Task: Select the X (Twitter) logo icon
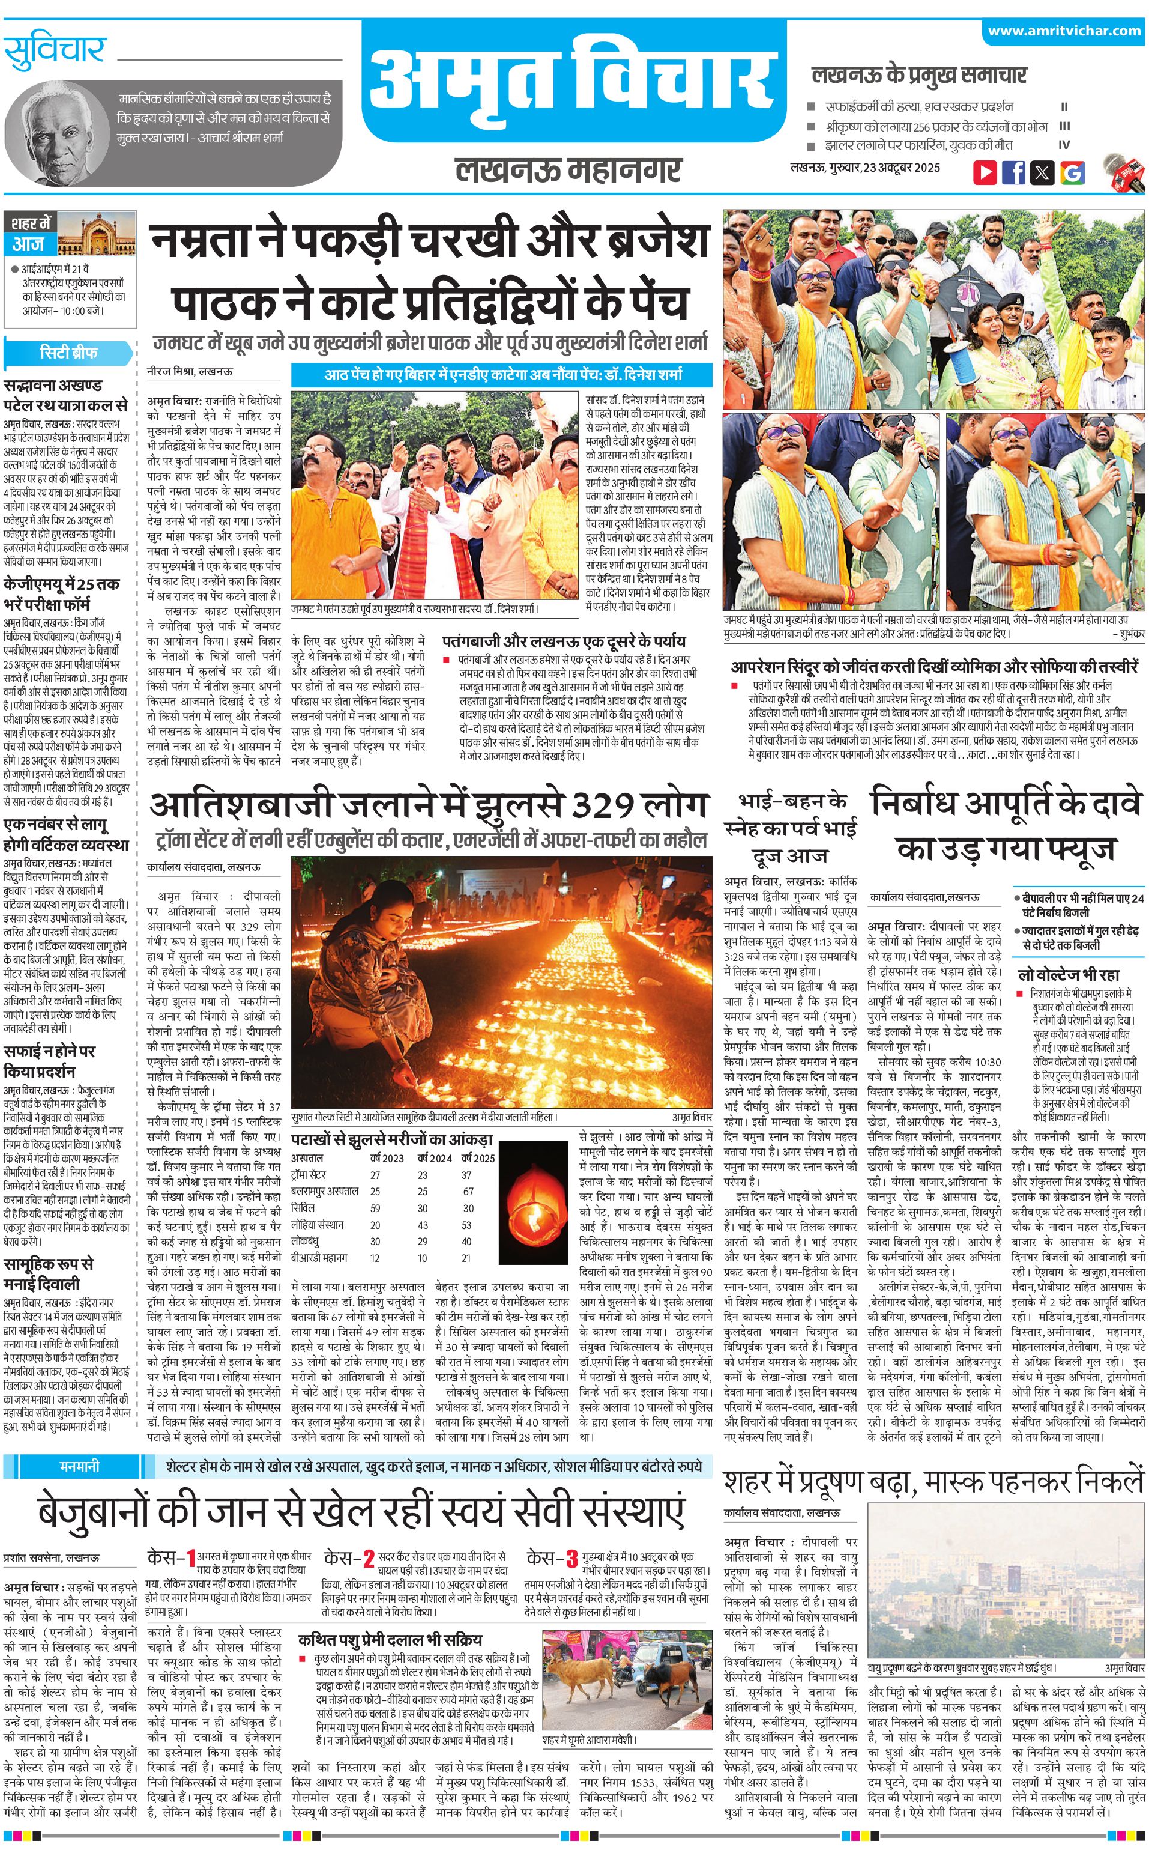pos(1042,172)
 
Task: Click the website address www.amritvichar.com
pos(1064,31)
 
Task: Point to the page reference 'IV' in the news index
pos(1064,145)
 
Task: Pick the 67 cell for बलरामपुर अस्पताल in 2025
pos(468,1192)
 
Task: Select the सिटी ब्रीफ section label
pos(68,353)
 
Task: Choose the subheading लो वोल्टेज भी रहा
pos(1069,974)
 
